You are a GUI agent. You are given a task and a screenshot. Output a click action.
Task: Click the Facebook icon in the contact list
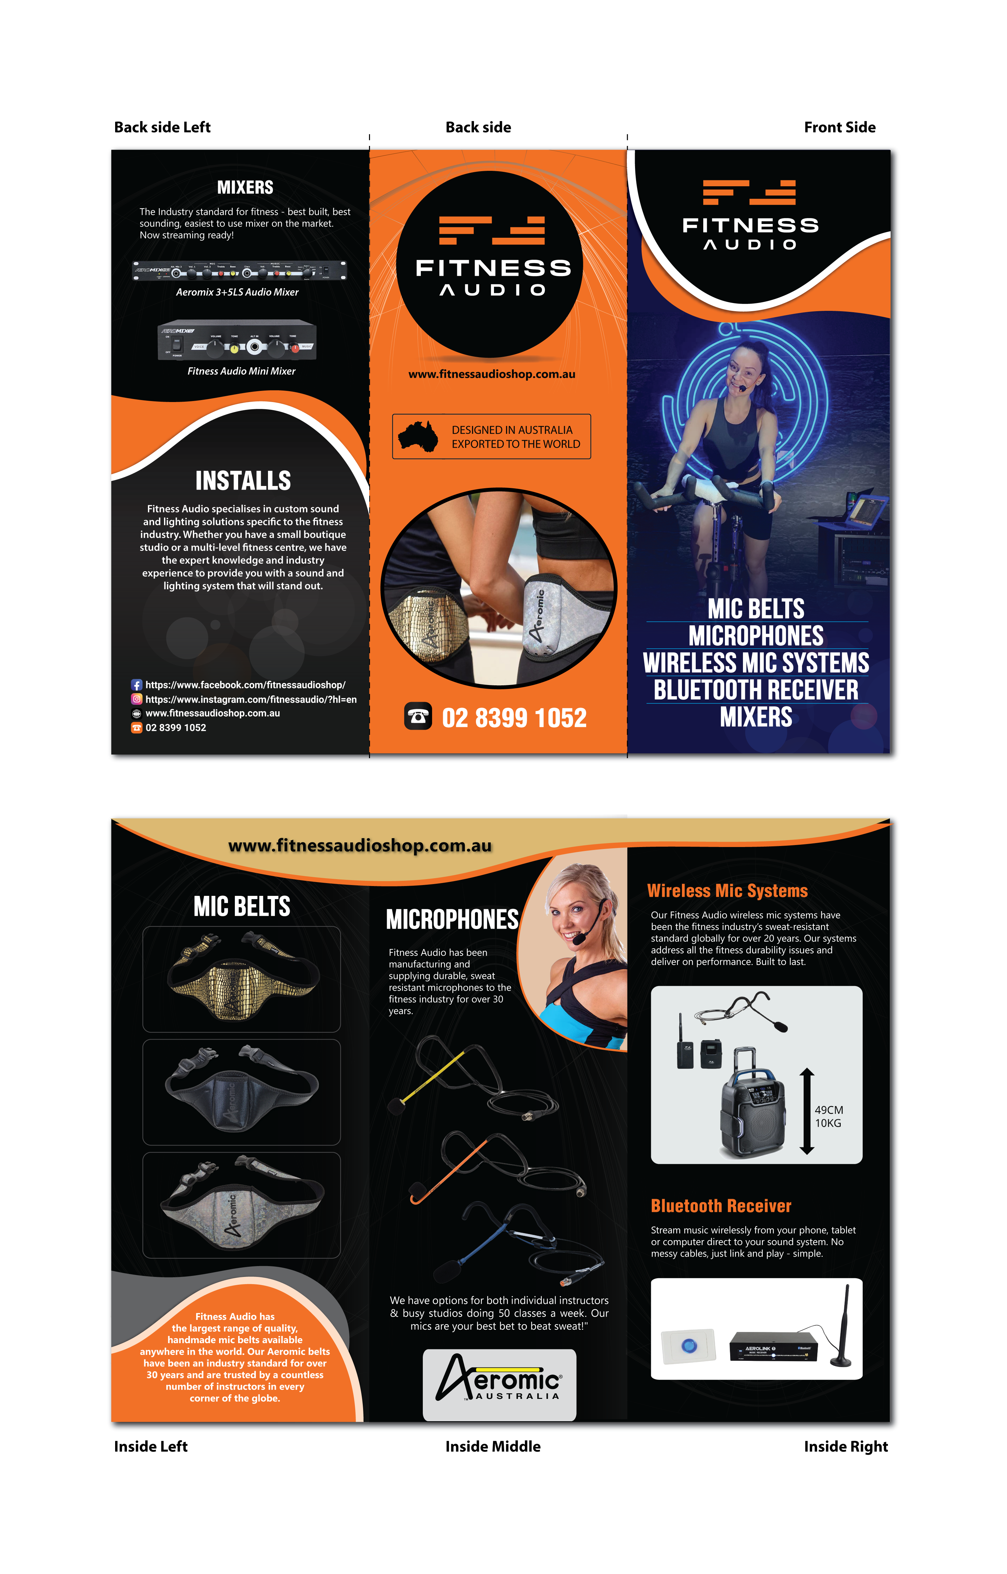[137, 685]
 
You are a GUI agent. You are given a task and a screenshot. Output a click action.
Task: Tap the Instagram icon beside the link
[137, 699]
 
